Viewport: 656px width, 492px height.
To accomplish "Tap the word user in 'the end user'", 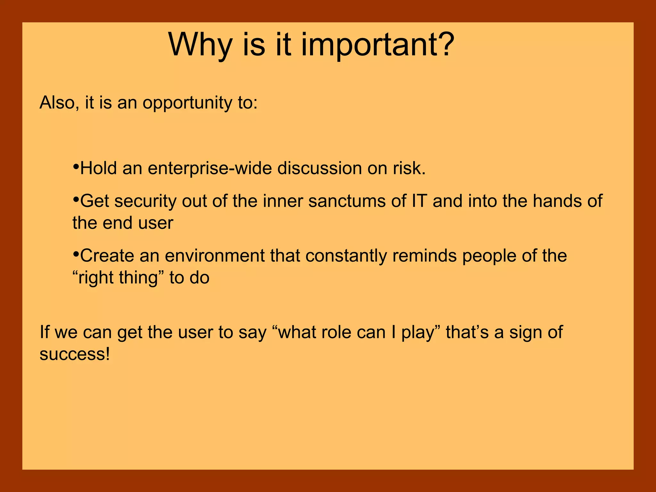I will [x=156, y=223].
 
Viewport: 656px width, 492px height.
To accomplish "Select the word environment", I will [x=214, y=256].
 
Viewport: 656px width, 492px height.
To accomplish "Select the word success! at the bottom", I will [x=75, y=354].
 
